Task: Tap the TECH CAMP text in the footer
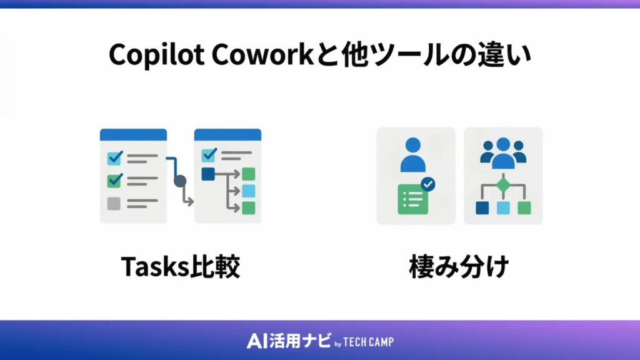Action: (369, 342)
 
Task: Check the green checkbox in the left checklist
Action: (114, 181)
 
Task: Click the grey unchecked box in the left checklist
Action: (114, 203)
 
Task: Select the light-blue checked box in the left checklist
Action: (114, 158)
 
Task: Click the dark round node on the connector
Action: (180, 182)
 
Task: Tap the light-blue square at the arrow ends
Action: (249, 191)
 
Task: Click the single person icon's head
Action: (412, 145)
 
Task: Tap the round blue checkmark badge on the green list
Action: (428, 184)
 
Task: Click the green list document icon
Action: (412, 199)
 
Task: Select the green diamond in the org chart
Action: (503, 186)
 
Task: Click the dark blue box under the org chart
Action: (482, 207)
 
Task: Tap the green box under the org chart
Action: (524, 207)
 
